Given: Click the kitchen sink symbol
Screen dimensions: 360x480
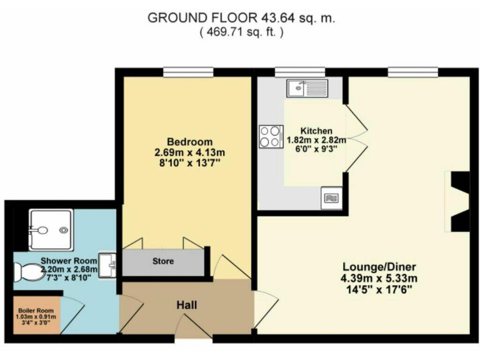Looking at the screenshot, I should point(307,88).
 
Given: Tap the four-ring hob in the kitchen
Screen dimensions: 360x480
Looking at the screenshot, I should point(271,137).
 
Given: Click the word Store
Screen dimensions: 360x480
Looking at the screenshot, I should point(163,261).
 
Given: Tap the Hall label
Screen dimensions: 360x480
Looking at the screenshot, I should point(186,306).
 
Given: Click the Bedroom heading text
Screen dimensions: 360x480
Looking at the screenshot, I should point(189,141).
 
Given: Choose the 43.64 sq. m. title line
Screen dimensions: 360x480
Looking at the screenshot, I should point(241,18).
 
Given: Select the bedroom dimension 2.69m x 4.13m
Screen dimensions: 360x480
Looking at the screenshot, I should point(190,152).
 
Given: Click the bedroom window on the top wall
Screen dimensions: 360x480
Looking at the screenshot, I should point(181,72).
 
